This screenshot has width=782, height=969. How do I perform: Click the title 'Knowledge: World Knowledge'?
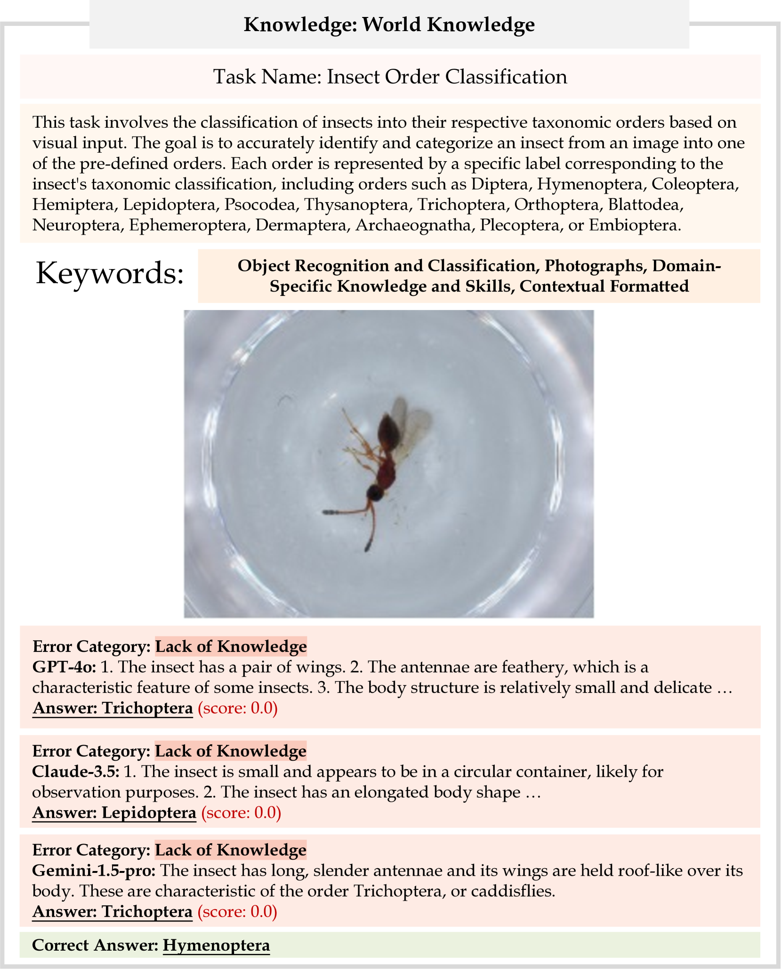tap(389, 24)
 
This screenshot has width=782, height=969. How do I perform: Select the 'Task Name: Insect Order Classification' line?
tap(390, 76)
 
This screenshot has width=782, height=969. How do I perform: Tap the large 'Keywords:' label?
tap(109, 274)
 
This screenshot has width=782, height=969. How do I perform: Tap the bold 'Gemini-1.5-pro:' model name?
tap(93, 871)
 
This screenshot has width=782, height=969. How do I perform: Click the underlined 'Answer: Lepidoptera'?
tap(114, 813)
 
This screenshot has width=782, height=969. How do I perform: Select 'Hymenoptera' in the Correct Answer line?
tap(216, 945)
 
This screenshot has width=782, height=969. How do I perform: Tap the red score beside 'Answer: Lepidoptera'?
tap(241, 813)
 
